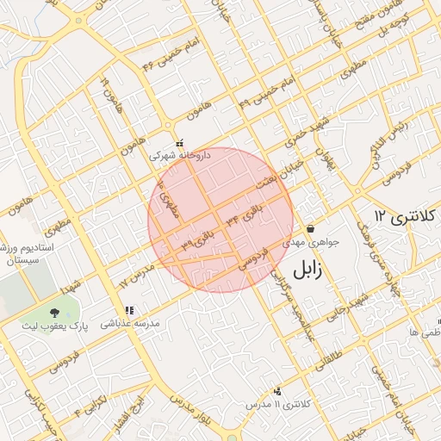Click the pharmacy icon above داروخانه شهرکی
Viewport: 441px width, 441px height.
[x=179, y=144]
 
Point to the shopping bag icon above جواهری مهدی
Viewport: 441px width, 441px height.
[x=310, y=229]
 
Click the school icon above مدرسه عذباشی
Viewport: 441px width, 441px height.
[x=129, y=310]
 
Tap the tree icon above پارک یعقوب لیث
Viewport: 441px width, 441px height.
[x=55, y=313]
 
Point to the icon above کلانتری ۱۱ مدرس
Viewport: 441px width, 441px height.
[x=276, y=390]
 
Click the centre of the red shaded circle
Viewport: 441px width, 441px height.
[x=221, y=220]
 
